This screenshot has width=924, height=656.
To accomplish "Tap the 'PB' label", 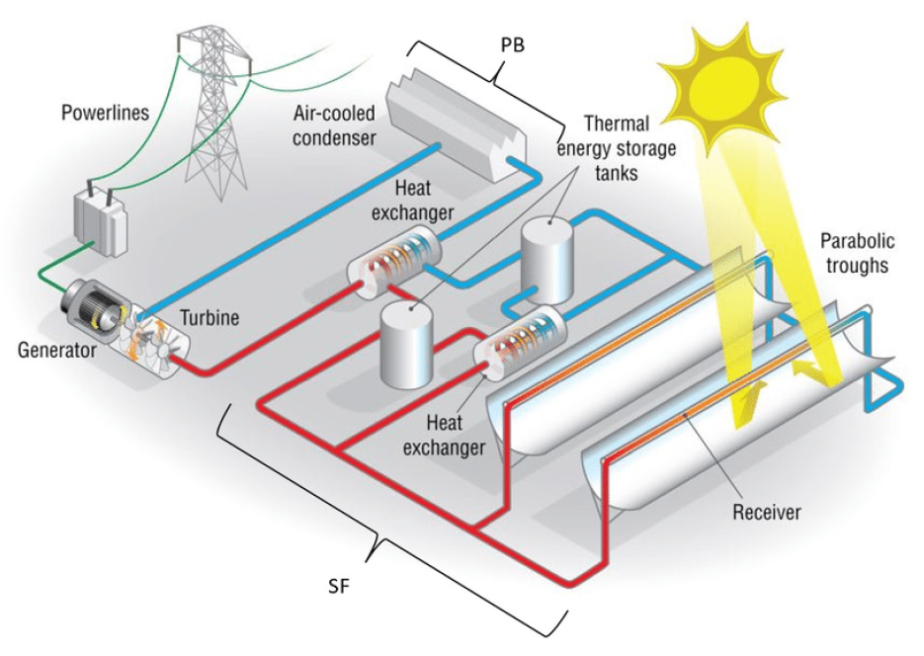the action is point(512,45).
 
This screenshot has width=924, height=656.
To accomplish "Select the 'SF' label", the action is point(338,587).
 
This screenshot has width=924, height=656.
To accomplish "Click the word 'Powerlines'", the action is point(106,113).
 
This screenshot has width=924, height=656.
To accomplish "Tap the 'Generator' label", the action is point(56,350).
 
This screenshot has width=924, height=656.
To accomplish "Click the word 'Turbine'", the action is point(210,318).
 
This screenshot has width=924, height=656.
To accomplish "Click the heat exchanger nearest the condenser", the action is point(393,261).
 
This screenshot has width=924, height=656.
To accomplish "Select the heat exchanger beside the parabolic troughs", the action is point(520,341).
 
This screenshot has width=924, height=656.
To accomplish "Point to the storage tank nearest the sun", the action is point(547,260).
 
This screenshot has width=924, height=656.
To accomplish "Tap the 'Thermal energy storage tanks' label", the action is point(617,148).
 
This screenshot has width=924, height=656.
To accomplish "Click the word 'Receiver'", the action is point(767,512).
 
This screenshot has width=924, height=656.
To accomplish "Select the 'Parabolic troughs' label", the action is point(857,253).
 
